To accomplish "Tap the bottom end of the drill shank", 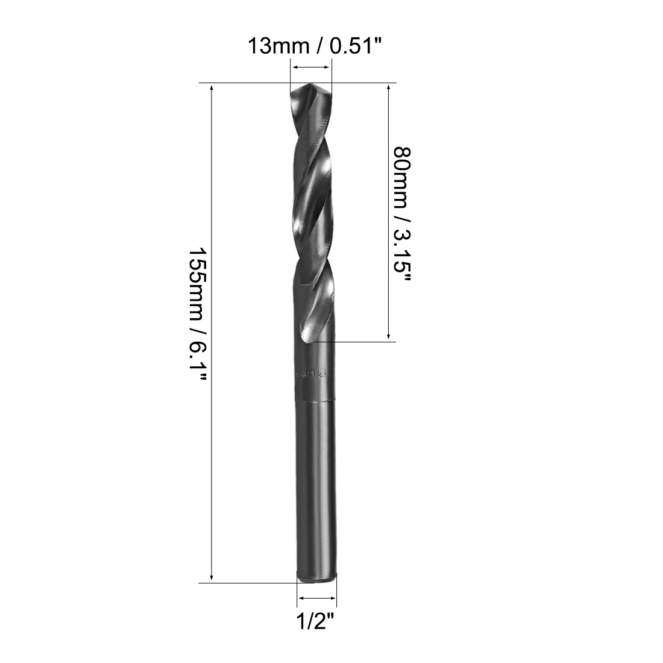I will coord(317,579).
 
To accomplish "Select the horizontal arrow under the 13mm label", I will coord(311,68).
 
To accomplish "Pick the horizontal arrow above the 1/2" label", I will coord(317,599).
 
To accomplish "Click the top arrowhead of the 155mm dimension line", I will coord(211,88).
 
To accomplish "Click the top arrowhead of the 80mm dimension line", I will coord(389,88).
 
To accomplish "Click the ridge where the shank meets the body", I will coord(315,400).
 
